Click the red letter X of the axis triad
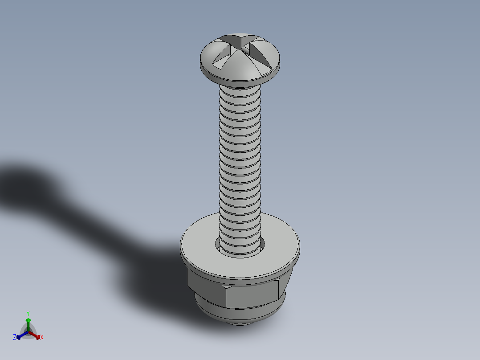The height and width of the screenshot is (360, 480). pos(42,338)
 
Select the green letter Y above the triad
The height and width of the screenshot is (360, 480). pos(28,313)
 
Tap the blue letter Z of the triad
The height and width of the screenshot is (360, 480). pos(15,337)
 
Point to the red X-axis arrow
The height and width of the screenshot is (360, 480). pos(37,335)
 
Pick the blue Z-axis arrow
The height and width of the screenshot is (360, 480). pos(20,335)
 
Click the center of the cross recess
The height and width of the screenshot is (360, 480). pos(241,45)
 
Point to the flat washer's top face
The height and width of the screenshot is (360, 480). pos(276,250)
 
